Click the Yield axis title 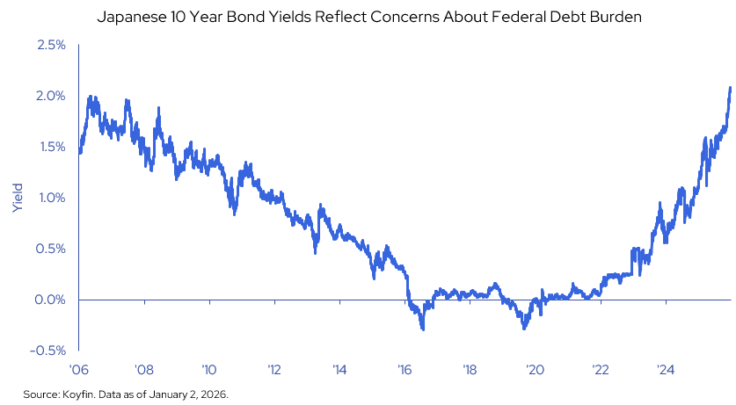click(x=18, y=198)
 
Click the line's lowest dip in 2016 click(x=423, y=329)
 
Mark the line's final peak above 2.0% click(x=731, y=88)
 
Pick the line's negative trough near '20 click(x=525, y=328)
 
